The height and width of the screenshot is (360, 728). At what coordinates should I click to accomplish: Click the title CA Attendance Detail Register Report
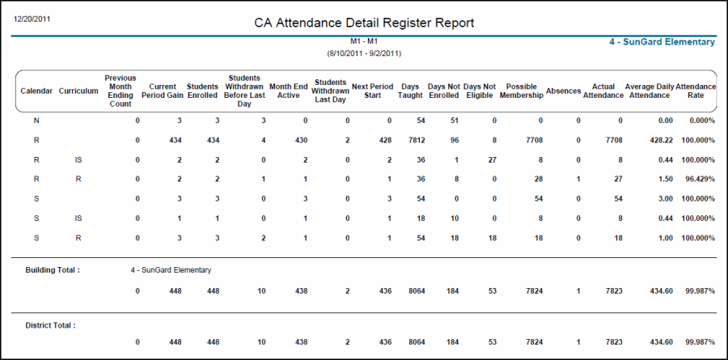[364, 23]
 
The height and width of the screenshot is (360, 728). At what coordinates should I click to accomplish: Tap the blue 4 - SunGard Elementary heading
[662, 42]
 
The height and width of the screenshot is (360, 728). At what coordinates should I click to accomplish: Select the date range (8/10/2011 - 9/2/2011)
[364, 53]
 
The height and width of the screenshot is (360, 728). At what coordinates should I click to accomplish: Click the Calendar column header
[36, 91]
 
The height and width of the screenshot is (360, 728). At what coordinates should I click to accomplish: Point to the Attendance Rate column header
[696, 91]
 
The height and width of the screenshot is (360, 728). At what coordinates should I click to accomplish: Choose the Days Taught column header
[410, 91]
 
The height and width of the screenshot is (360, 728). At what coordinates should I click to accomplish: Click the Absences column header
[564, 91]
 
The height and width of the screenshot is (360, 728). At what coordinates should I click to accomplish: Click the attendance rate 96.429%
[699, 179]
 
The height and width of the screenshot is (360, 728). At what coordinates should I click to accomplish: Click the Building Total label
[53, 270]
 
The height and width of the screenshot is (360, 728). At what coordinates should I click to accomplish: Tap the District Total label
[50, 325]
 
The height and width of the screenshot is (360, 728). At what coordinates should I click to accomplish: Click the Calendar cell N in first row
[36, 121]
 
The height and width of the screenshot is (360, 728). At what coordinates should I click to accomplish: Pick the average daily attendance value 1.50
[663, 179]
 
